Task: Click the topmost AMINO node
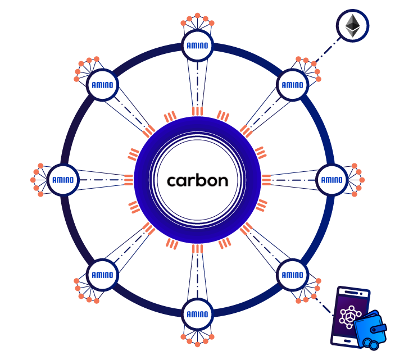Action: (x=197, y=46)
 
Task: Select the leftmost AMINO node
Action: (x=63, y=180)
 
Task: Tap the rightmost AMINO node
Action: (x=332, y=180)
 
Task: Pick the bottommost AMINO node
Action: (x=197, y=314)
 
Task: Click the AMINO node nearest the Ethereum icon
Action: (x=293, y=85)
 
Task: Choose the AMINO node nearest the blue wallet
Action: (x=293, y=275)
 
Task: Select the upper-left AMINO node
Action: (x=102, y=85)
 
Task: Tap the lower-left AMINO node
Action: (x=102, y=275)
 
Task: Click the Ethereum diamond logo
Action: (x=352, y=26)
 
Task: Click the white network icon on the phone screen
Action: (x=351, y=317)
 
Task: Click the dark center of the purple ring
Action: (x=197, y=180)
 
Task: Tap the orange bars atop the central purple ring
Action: (x=197, y=111)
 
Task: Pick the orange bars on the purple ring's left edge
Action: (x=129, y=180)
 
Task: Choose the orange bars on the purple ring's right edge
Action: (x=266, y=180)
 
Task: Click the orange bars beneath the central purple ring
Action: (x=197, y=249)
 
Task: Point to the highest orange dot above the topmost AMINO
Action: (x=197, y=15)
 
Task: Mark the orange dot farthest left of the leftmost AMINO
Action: (x=33, y=180)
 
